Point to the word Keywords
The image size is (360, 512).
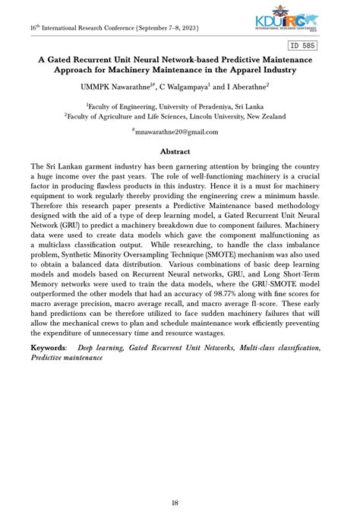coord(48,347)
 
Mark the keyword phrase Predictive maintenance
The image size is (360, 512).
coord(67,357)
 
